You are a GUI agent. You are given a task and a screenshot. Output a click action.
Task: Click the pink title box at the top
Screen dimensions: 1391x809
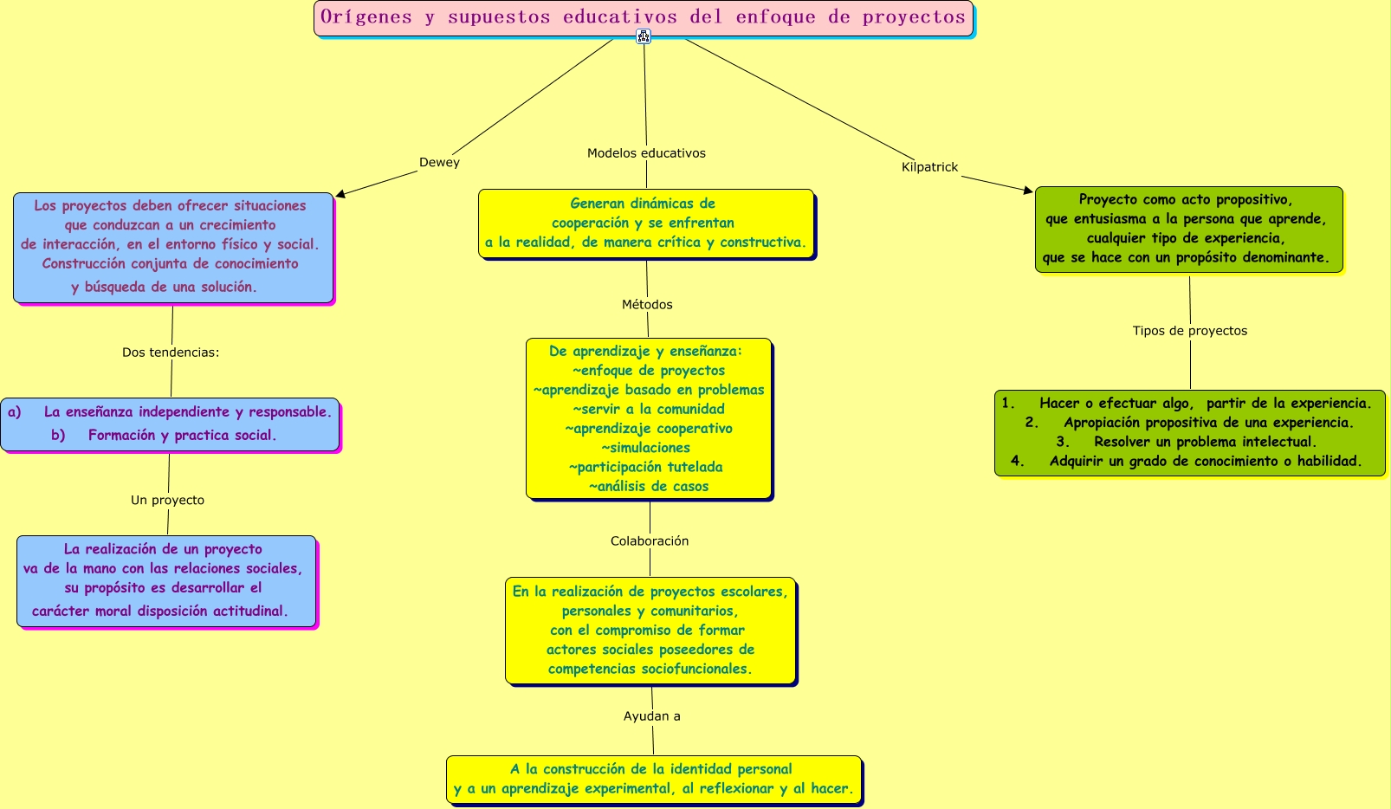[x=644, y=18]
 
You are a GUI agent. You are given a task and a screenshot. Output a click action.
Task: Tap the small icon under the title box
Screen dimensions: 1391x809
[x=644, y=36]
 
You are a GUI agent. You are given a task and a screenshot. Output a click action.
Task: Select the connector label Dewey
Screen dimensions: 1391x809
[x=439, y=163]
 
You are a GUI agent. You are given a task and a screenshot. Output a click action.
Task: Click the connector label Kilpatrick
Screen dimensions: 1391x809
[x=929, y=167]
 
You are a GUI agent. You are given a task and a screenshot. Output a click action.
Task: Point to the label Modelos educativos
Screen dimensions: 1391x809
[x=646, y=153]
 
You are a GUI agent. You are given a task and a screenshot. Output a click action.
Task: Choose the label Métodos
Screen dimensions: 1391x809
[x=647, y=304]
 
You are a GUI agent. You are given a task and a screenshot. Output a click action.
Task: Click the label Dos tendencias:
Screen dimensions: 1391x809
[x=171, y=353]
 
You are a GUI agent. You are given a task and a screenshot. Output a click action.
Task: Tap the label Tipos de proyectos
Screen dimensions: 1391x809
[x=1190, y=331]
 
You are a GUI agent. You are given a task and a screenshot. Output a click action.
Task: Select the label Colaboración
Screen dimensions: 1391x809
[x=650, y=540]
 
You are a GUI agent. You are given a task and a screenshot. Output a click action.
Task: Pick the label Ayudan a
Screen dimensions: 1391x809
[x=652, y=715]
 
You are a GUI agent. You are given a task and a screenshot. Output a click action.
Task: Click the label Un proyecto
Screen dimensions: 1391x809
[x=168, y=500]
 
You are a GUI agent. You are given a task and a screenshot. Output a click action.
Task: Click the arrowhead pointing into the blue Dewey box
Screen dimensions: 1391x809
[x=340, y=194]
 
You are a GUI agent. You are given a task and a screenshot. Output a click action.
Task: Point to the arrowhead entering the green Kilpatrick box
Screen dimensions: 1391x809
[x=1028, y=190]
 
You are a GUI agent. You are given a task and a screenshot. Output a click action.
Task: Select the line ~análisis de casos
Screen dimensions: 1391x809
[x=649, y=486]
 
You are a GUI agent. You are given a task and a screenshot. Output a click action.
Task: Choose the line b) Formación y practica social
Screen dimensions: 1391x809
[x=164, y=435]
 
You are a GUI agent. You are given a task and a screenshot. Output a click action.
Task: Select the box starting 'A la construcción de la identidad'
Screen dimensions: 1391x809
[x=653, y=780]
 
